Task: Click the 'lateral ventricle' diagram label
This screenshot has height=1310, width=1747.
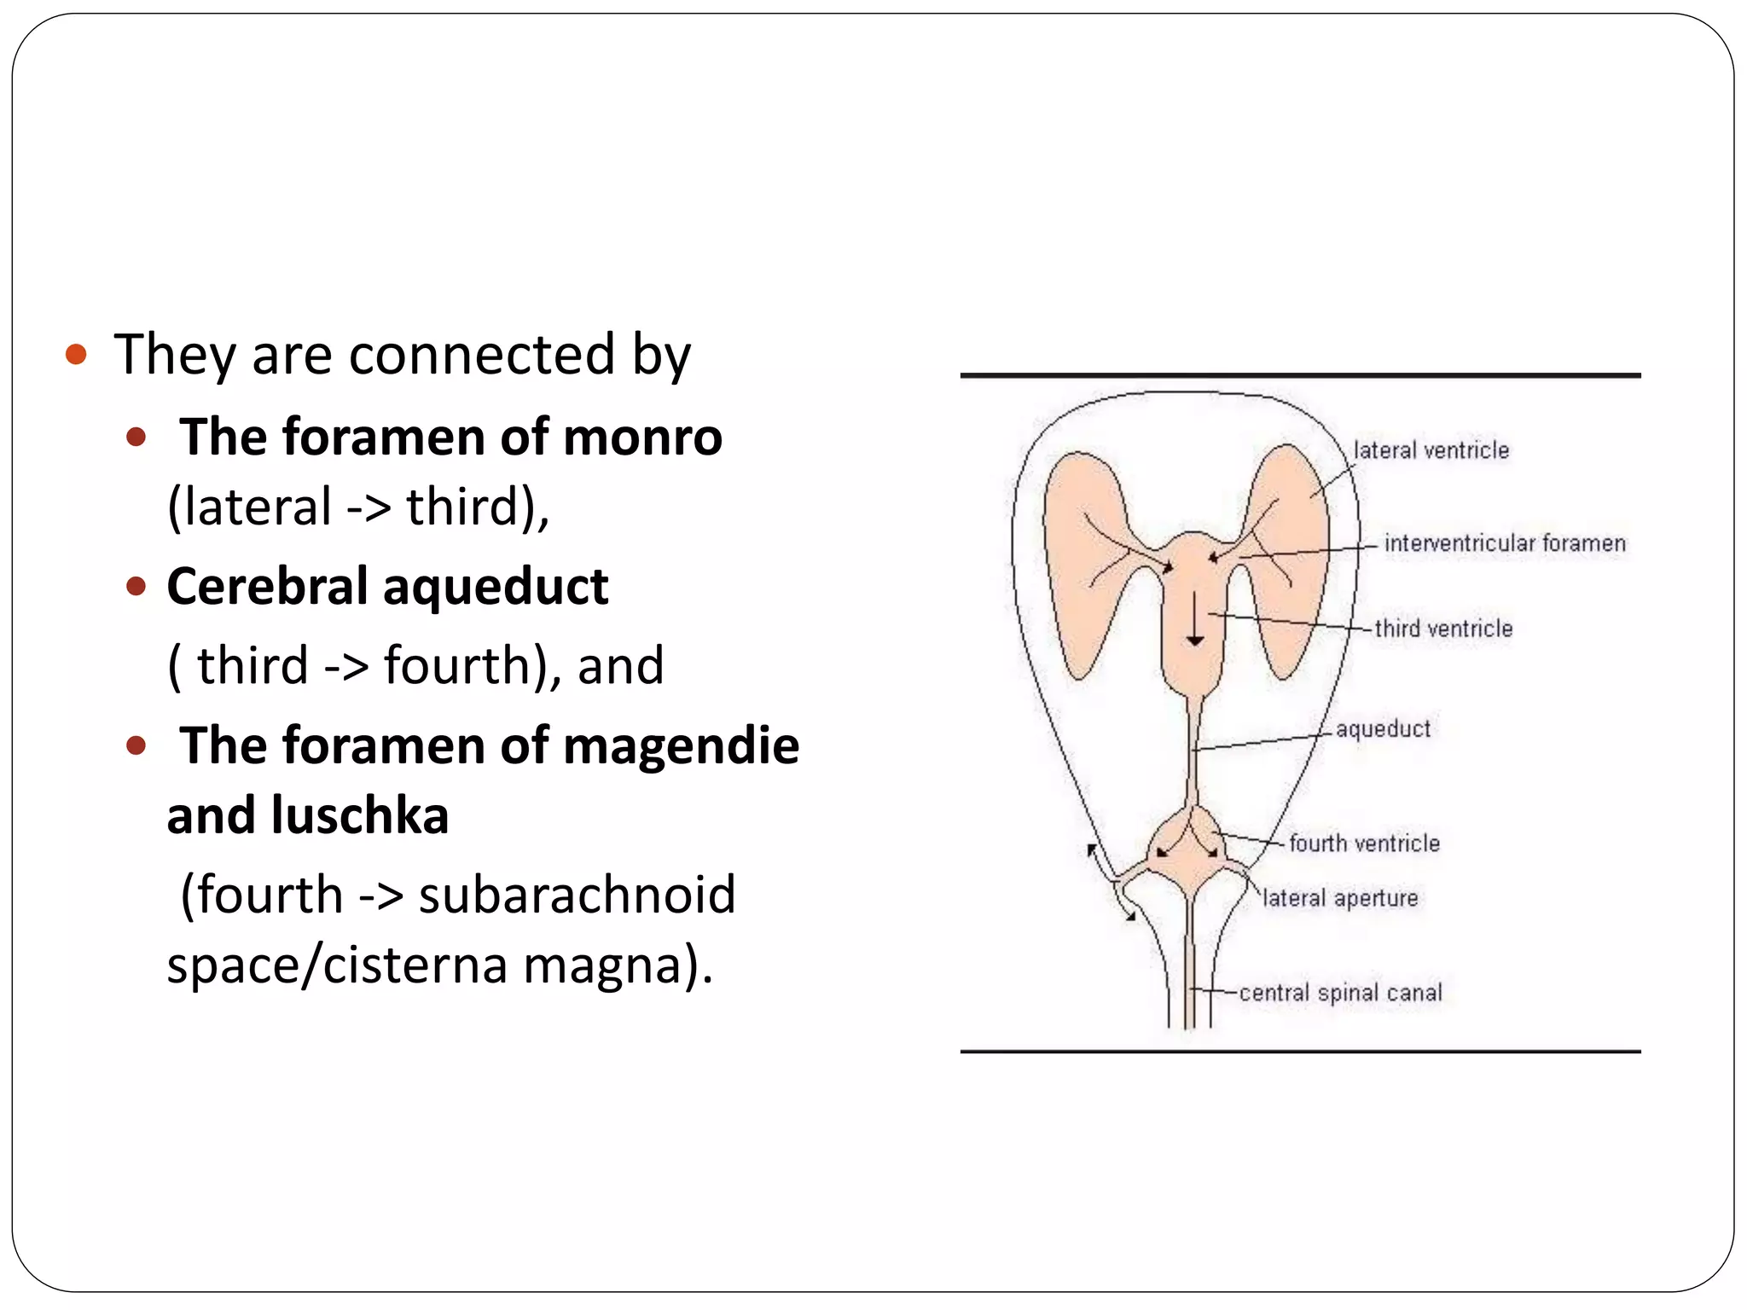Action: point(1431,450)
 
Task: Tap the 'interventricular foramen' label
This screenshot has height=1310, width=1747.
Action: point(1505,543)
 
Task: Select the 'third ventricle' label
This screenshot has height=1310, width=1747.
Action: point(1443,629)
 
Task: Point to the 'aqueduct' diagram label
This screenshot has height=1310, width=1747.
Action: point(1383,729)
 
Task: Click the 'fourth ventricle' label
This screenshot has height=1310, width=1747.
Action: point(1364,843)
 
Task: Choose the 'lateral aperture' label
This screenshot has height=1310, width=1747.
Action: point(1339,898)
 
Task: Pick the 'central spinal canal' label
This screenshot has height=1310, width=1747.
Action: point(1340,993)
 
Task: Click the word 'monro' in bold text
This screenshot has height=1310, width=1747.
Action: point(642,438)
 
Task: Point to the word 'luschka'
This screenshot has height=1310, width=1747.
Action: point(359,815)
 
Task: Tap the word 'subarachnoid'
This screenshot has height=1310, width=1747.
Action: point(577,895)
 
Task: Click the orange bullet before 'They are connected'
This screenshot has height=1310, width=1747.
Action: point(76,354)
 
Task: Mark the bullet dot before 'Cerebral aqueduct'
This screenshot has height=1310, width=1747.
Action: point(136,587)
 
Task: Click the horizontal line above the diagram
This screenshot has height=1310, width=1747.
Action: point(1300,375)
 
